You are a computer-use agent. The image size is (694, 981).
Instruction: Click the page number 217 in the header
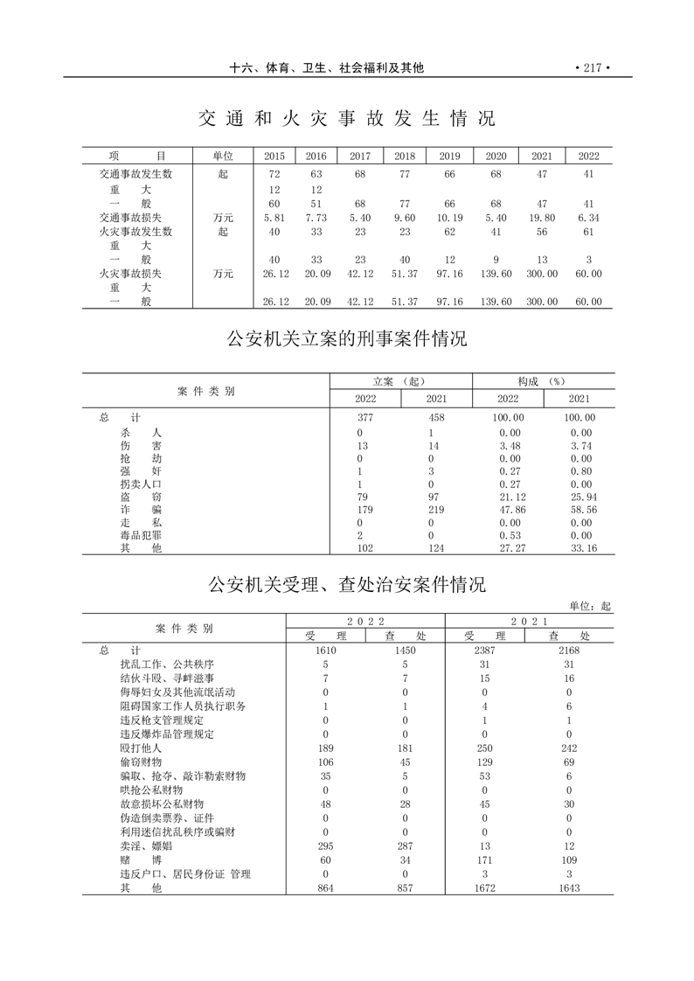[592, 67]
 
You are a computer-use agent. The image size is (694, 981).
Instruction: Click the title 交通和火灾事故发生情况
[346, 119]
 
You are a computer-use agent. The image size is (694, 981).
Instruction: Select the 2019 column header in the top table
[449, 156]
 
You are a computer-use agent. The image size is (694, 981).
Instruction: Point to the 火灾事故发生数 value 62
[449, 232]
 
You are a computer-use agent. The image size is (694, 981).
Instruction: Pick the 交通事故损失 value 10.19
[449, 217]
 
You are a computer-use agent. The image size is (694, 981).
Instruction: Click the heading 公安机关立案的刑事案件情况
[347, 338]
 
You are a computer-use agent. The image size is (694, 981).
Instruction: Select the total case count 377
[365, 418]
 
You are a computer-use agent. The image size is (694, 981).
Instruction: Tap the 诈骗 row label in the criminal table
[141, 509]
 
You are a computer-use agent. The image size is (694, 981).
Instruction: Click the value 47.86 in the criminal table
[509, 509]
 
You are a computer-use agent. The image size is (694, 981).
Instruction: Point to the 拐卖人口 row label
[141, 484]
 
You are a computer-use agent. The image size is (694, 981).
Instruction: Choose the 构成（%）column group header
[543, 381]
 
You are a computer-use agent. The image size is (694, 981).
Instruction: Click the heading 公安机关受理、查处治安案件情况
[347, 584]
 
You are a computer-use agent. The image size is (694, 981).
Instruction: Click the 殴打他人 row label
[141, 748]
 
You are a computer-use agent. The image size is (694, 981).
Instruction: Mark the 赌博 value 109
[569, 860]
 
